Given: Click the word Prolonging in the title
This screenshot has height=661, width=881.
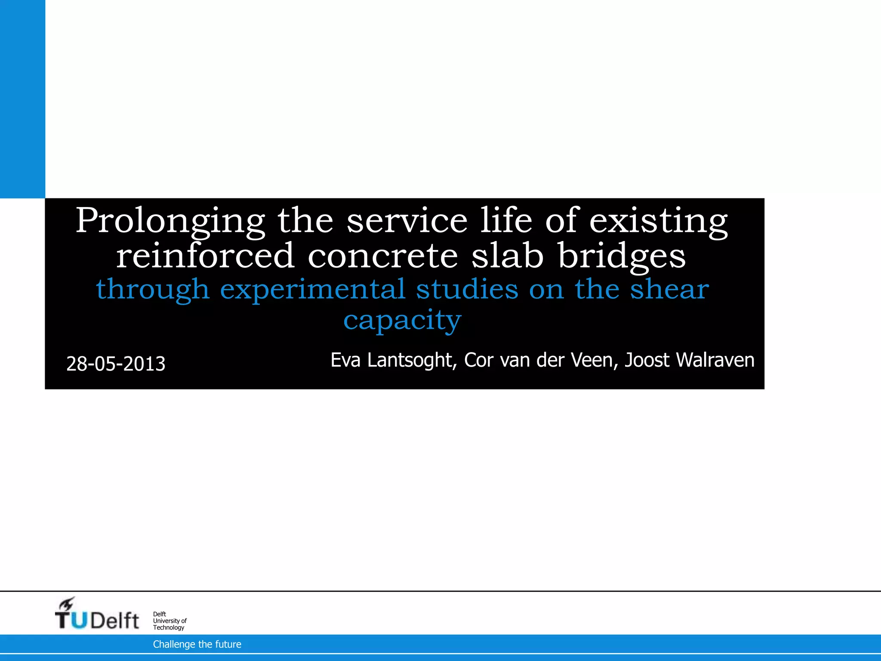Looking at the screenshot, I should tap(170, 221).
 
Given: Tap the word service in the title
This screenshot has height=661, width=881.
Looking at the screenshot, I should tap(407, 221).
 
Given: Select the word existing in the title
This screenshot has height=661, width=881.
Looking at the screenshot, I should tap(658, 221).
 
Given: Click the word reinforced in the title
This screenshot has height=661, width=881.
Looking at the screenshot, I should tap(205, 256).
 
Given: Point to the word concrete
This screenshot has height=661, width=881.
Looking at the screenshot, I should tap(383, 256).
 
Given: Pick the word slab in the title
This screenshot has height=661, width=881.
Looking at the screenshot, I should tap(508, 256).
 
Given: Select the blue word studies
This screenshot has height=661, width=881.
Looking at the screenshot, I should tap(467, 289).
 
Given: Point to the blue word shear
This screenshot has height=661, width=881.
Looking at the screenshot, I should tap(669, 289).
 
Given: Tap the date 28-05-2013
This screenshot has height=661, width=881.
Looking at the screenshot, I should tap(116, 364).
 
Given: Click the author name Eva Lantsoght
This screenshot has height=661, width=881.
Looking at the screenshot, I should tap(393, 360).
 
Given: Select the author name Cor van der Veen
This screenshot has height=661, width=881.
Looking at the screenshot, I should tap(541, 360).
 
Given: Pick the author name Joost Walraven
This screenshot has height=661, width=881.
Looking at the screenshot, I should tap(689, 360).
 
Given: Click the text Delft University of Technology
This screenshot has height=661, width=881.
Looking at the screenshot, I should tap(169, 621).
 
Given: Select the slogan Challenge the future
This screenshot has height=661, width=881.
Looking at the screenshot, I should tap(197, 644).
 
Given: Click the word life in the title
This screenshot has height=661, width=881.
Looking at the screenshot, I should tap(506, 221).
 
